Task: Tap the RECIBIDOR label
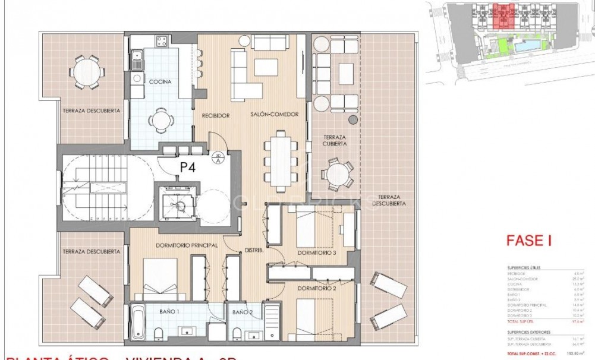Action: pyautogui.click(x=215, y=116)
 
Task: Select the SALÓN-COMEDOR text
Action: pyautogui.click(x=274, y=114)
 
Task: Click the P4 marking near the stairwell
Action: pyautogui.click(x=188, y=167)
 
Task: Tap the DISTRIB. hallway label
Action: pyautogui.click(x=254, y=250)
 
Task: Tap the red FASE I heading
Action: pyautogui.click(x=528, y=241)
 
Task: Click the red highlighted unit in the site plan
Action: pyautogui.click(x=502, y=17)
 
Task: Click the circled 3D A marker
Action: pyautogui.click(x=218, y=156)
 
